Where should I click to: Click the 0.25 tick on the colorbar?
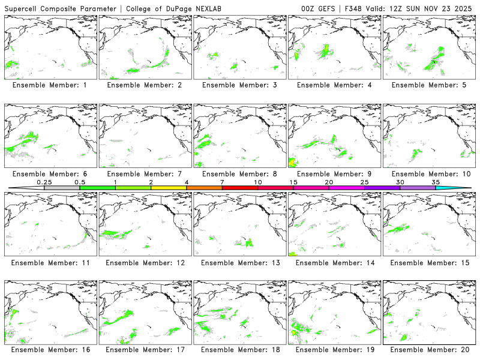(x=44, y=182)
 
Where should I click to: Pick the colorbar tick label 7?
(x=222, y=182)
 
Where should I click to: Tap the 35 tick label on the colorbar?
(x=436, y=182)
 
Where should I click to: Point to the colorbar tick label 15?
(x=293, y=182)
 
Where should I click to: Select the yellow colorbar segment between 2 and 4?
(x=169, y=188)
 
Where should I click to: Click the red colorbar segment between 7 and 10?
(x=240, y=188)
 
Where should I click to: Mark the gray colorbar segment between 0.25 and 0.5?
(x=62, y=188)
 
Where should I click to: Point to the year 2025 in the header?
(x=464, y=8)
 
